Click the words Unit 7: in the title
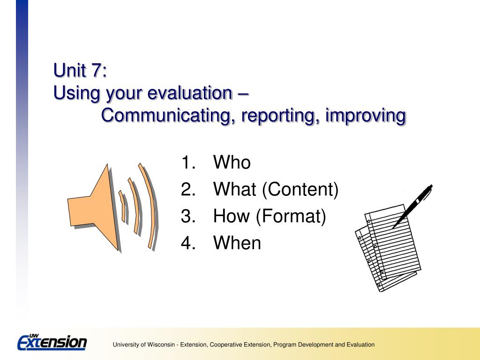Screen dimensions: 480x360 pyautogui.click(x=80, y=70)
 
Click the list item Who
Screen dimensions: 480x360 pyautogui.click(x=232, y=162)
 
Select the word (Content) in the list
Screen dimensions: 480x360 pyautogui.click(x=300, y=189)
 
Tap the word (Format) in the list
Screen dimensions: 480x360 pyautogui.click(x=291, y=216)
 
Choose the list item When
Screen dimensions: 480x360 pyautogui.click(x=237, y=243)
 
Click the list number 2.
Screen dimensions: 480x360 pyautogui.click(x=188, y=189)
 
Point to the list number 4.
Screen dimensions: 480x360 pyautogui.click(x=188, y=243)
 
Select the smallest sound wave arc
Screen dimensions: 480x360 pyautogui.click(x=122, y=206)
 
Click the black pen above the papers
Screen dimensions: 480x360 pyautogui.click(x=412, y=206)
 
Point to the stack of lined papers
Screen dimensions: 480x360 pyautogui.click(x=388, y=248)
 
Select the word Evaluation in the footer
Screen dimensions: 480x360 pyautogui.click(x=360, y=345)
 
